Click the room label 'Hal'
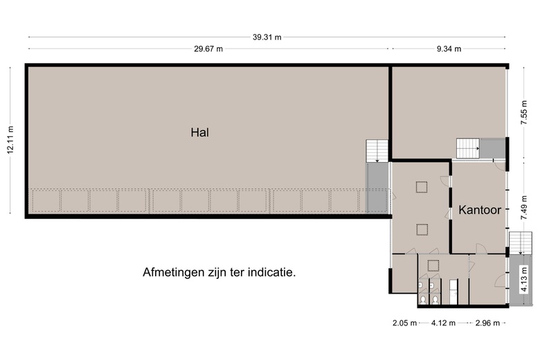pos(200,132)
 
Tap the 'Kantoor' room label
pos(479,208)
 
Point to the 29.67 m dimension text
pos(208,48)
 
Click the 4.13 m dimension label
pos(524,280)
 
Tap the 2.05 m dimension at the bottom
pos(404,323)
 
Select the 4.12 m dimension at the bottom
pos(443,323)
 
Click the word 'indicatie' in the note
pos(271,273)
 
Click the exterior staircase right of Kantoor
pos(519,242)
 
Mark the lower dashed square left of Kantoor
pos(421,228)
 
